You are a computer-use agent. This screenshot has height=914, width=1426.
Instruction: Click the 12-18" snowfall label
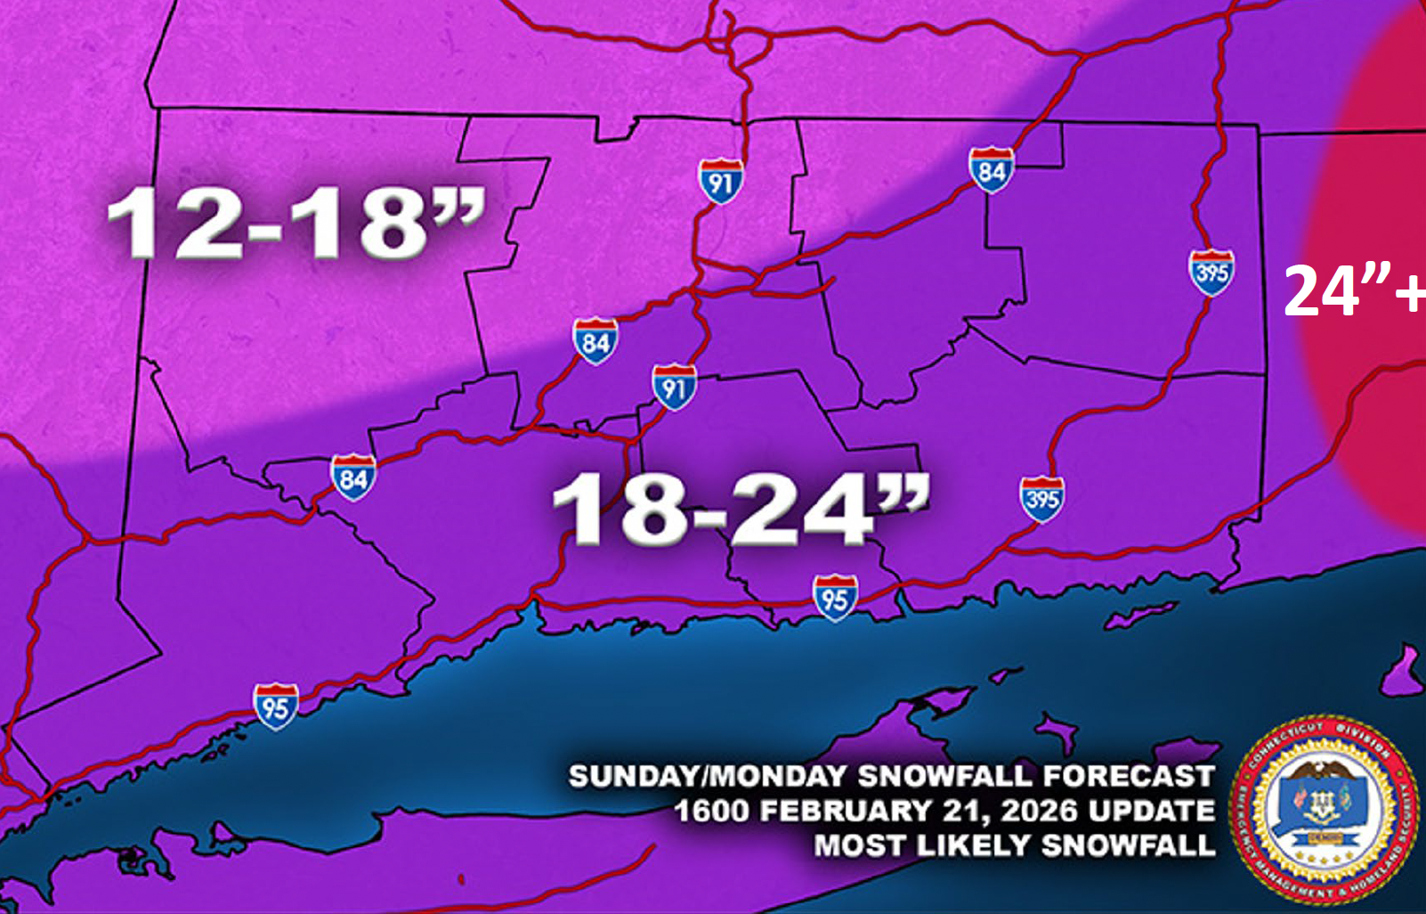(x=296, y=223)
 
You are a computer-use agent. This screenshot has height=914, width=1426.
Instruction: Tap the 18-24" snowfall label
(x=741, y=509)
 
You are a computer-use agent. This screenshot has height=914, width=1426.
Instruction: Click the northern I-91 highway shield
(x=720, y=182)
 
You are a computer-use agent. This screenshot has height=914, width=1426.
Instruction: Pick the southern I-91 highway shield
(x=674, y=388)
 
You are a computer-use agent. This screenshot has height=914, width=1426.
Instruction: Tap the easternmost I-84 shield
(x=991, y=170)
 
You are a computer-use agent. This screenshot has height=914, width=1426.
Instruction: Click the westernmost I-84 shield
(x=353, y=477)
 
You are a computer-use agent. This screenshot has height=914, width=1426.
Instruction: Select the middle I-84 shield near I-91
(x=596, y=340)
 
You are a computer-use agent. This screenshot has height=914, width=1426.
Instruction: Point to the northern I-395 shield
(x=1211, y=273)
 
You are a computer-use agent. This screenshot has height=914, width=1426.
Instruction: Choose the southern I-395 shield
(x=1041, y=499)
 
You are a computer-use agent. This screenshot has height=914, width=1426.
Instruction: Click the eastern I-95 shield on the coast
(x=835, y=598)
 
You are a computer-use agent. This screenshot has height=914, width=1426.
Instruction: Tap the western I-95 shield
(x=275, y=706)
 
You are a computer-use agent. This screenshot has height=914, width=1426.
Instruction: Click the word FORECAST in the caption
(x=1128, y=777)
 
